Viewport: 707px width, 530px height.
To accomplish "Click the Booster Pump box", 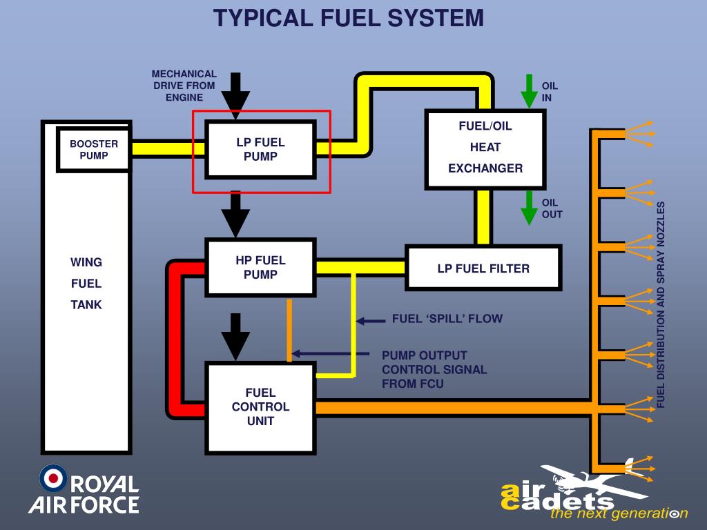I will (94, 150).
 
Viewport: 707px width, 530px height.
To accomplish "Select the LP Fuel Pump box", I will (260, 149).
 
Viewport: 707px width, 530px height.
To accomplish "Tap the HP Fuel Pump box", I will (260, 267).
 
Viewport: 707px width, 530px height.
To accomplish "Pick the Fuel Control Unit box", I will (260, 407).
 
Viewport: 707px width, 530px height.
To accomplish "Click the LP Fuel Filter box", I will (483, 268).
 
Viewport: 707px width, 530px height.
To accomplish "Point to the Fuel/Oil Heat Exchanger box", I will (485, 147).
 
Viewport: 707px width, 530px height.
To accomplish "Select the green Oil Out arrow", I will (530, 208).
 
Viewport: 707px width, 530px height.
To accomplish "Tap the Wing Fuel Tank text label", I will (86, 283).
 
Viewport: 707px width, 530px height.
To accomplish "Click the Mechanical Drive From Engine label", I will (184, 86).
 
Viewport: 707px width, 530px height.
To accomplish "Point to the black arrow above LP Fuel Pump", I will (235, 93).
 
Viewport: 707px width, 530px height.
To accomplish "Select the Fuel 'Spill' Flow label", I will (447, 319).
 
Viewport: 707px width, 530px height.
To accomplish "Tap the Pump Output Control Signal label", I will (434, 369).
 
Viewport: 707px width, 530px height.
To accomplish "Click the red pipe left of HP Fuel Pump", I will (173, 338).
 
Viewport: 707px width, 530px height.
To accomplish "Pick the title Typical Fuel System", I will (349, 19).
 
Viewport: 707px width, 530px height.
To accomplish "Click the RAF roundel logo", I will (53, 478).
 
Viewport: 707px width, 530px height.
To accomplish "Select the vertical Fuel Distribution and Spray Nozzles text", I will (661, 304).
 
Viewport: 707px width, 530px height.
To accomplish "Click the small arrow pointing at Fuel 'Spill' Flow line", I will (371, 320).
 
